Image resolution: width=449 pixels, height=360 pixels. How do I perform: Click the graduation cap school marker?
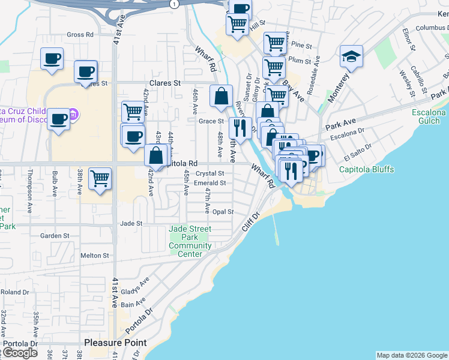tap(351, 57)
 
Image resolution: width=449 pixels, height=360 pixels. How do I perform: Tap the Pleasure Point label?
tap(115, 343)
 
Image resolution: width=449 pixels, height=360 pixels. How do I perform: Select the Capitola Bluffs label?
tap(366, 170)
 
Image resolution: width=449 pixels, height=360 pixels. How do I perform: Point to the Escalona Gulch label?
tap(429, 117)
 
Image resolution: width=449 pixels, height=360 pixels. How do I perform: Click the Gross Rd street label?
tap(80, 35)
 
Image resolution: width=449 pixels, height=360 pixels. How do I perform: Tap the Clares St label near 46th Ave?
tap(164, 83)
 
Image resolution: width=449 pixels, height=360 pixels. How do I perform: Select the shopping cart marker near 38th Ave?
tap(100, 178)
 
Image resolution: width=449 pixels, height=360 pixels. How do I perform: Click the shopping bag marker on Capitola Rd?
tap(156, 155)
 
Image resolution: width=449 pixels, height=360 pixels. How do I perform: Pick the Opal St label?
tap(222, 212)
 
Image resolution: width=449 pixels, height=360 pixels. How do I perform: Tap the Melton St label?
tap(95, 255)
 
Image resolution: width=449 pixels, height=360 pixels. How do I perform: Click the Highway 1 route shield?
tap(174, 4)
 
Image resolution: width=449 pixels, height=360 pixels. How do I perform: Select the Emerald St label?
tap(210, 183)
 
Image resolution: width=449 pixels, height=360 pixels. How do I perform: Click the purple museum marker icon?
tap(73, 113)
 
